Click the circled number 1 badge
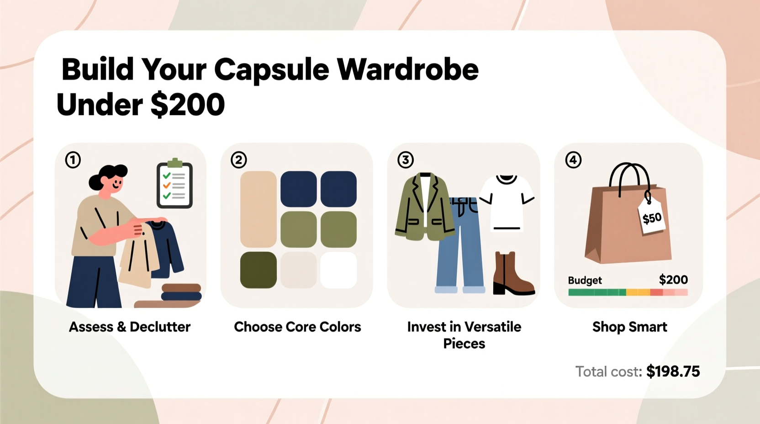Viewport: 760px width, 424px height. point(73,160)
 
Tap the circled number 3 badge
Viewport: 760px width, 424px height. point(406,160)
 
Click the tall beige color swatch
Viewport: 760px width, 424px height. point(258,209)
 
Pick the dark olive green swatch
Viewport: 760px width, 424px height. point(258,270)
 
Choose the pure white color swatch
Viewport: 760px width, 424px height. point(338,270)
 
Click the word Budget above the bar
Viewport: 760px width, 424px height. point(585,281)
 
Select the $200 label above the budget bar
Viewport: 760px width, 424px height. point(673,280)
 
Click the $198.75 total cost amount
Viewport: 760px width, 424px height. point(673,371)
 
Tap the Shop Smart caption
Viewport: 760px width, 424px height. point(629,327)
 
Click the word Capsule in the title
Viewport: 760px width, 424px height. point(271,70)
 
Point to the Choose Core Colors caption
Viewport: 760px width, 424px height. point(297,327)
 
